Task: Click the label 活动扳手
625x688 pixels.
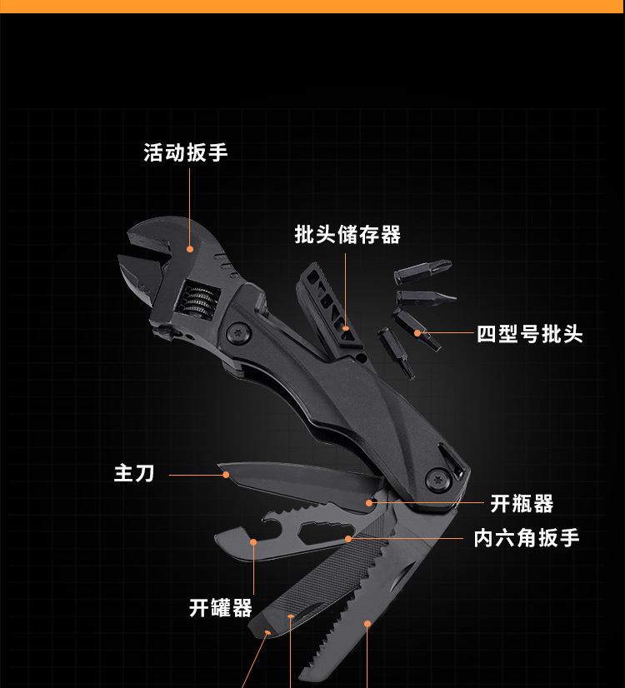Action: pyautogui.click(x=185, y=152)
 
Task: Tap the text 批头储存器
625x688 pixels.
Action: pyautogui.click(x=347, y=235)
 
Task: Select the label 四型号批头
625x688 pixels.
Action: pyautogui.click(x=530, y=334)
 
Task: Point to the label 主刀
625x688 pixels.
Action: pyautogui.click(x=134, y=474)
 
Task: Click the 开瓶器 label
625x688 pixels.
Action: pyautogui.click(x=522, y=504)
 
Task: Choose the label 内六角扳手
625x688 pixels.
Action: pyautogui.click(x=527, y=538)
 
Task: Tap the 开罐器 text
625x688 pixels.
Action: pyautogui.click(x=220, y=608)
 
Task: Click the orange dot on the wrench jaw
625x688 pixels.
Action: pyautogui.click(x=190, y=248)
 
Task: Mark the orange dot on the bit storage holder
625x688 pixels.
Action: pyautogui.click(x=347, y=327)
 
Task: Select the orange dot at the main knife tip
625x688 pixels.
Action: pyautogui.click(x=226, y=475)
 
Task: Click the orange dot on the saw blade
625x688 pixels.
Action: pyautogui.click(x=367, y=622)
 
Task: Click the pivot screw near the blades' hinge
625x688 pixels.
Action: pyautogui.click(x=438, y=479)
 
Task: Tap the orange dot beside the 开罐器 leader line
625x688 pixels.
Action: pyautogui.click(x=253, y=541)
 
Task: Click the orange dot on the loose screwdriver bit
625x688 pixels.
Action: pyautogui.click(x=417, y=333)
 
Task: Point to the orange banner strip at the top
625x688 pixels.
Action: pyautogui.click(x=312, y=6)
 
